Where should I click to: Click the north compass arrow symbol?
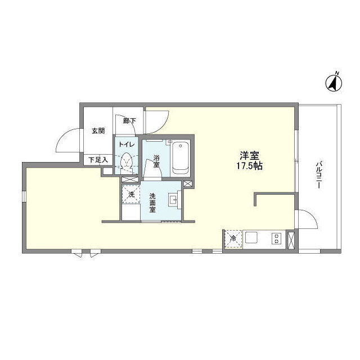pos(334,83)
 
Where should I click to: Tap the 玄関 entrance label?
pos(98,131)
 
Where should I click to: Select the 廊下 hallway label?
pos(129,120)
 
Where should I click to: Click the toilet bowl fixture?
pos(126,162)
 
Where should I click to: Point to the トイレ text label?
pos(126,145)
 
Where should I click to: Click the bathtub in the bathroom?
pos(181,157)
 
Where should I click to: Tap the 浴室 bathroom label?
pos(156,161)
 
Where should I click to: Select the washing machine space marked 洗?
pos(131,195)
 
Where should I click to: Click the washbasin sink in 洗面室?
pos(173,200)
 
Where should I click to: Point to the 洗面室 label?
pos(152,202)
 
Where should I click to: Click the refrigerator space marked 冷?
pos(233,238)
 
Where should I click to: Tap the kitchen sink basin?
pos(251,237)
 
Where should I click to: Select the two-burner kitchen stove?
pos(276,238)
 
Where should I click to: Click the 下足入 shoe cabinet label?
pos(98,160)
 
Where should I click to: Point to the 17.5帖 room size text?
pos(250,166)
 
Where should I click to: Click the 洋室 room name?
pos(250,156)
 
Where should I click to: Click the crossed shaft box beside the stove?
pos(291,240)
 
